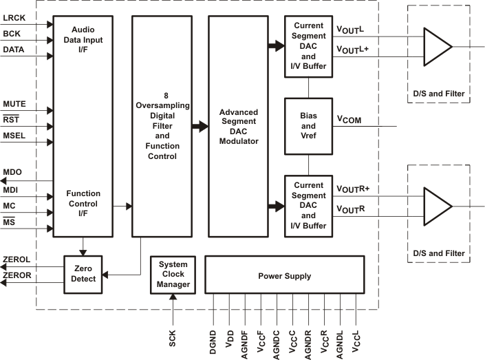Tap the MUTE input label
[14, 103]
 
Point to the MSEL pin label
[14, 136]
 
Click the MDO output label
[12, 172]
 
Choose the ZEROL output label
[16, 261]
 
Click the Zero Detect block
[83, 273]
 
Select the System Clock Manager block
[172, 274]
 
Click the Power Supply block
[284, 276]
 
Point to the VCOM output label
[350, 120]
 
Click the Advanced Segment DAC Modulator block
[238, 126]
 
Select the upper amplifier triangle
[437, 47]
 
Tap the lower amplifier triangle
[437, 206]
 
